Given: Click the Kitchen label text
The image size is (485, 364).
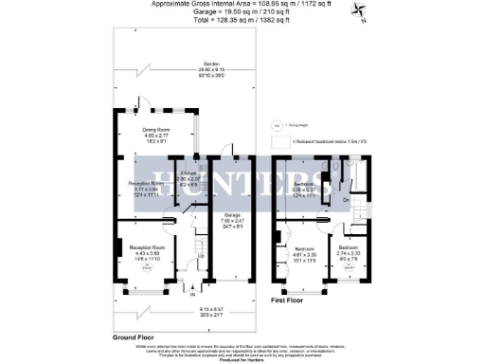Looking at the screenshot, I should tap(189, 173).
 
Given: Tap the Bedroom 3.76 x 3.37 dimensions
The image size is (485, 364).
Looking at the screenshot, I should tap(304, 190).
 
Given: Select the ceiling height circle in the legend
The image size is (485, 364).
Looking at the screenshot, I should tap(276, 124).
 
